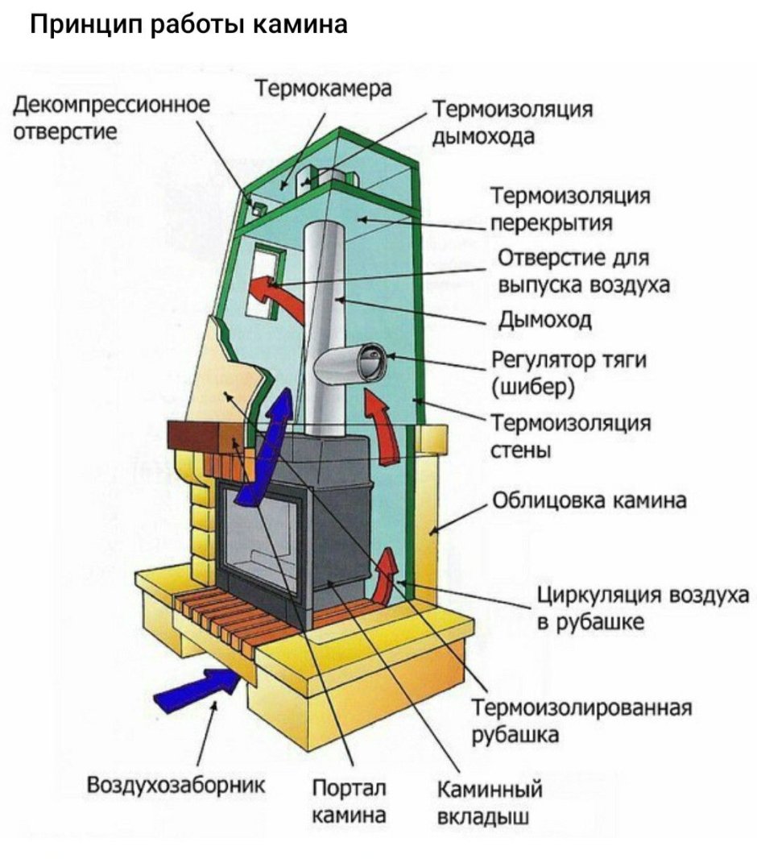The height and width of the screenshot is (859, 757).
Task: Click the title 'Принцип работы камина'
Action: pyautogui.click(x=188, y=25)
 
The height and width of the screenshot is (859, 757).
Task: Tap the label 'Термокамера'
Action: pyautogui.click(x=324, y=89)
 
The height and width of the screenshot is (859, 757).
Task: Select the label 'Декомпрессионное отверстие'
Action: pyautogui.click(x=113, y=118)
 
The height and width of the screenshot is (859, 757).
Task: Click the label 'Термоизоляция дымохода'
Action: pyautogui.click(x=513, y=122)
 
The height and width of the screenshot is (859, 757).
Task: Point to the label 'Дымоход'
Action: pyautogui.click(x=545, y=321)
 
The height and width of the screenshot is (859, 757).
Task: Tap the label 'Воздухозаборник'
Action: pyautogui.click(x=176, y=784)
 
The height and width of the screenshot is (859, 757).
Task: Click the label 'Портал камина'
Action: pyautogui.click(x=349, y=801)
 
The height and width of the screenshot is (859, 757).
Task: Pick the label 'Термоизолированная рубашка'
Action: pyautogui.click(x=581, y=720)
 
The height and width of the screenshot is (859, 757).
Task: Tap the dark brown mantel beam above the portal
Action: pyautogui.click(x=201, y=438)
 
